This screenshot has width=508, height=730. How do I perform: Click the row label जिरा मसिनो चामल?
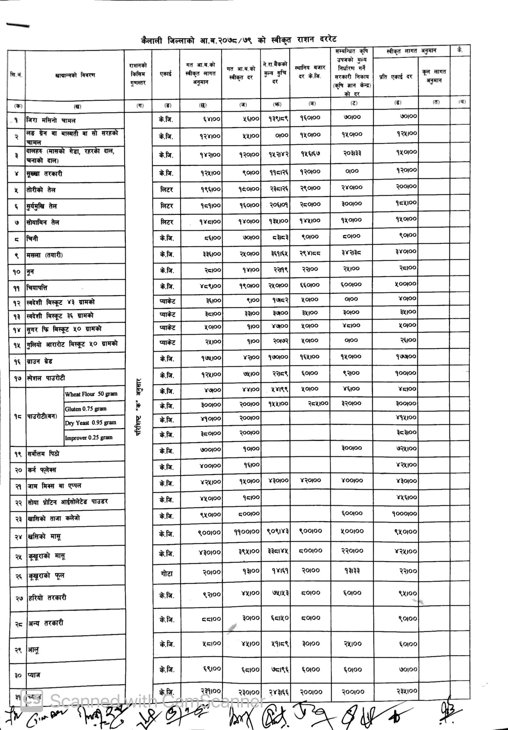tap(51, 121)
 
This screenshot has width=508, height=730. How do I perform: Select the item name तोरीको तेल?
tap(41, 190)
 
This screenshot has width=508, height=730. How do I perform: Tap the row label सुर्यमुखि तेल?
tap(42, 206)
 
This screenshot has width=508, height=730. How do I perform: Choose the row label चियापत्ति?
tap(37, 288)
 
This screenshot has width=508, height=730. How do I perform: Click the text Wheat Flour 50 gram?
tap(91, 394)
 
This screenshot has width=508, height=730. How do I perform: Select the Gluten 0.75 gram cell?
tap(86, 409)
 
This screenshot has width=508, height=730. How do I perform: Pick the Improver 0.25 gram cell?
tap(89, 438)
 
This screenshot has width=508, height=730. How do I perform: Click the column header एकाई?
tap(166, 74)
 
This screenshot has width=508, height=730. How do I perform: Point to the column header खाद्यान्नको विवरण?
tap(75, 75)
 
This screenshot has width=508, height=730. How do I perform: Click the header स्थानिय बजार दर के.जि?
tap(310, 72)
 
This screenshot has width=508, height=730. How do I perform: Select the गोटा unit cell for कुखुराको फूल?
tap(166, 574)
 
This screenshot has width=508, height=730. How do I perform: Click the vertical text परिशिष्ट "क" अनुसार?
tap(138, 407)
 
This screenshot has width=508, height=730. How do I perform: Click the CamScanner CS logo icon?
tap(31, 700)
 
